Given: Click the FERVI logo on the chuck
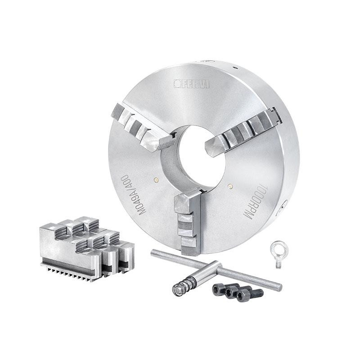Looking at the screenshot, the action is coord(191,84).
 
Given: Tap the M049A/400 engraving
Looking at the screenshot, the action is coord(134,194).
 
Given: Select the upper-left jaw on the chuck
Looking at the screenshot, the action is coord(144,129).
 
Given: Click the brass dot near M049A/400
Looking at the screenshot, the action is coord(157,180).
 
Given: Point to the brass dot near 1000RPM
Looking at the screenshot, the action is coord(230,185).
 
